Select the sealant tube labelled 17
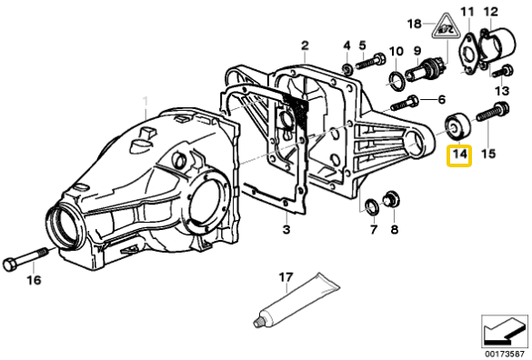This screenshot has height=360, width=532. [x=296, y=299]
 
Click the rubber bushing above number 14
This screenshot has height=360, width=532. [x=457, y=125]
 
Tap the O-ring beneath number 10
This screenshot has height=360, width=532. [x=396, y=81]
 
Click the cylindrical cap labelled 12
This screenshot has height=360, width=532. [x=497, y=45]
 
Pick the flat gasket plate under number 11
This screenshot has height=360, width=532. [x=469, y=55]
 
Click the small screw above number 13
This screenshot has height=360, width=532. [x=503, y=72]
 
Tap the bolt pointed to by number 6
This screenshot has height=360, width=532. [x=404, y=103]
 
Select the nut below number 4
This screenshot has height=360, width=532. [x=346, y=68]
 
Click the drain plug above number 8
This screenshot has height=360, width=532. [x=391, y=200]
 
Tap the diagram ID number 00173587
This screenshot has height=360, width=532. [x=505, y=354]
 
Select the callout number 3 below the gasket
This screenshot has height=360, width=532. [x=286, y=229]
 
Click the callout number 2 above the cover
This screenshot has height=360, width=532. [x=305, y=45]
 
